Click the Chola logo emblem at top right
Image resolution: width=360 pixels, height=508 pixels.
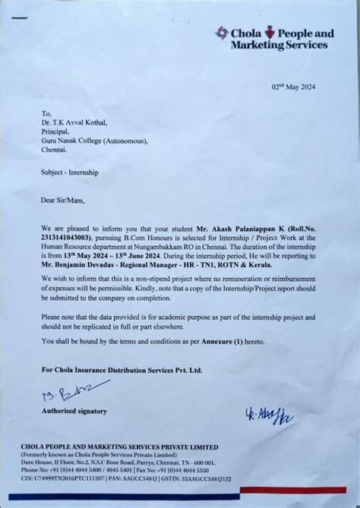pos(223,33)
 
